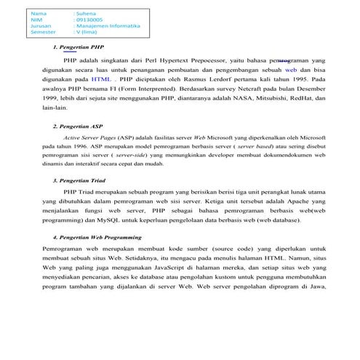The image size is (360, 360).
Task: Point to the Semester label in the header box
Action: tap(43, 33)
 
